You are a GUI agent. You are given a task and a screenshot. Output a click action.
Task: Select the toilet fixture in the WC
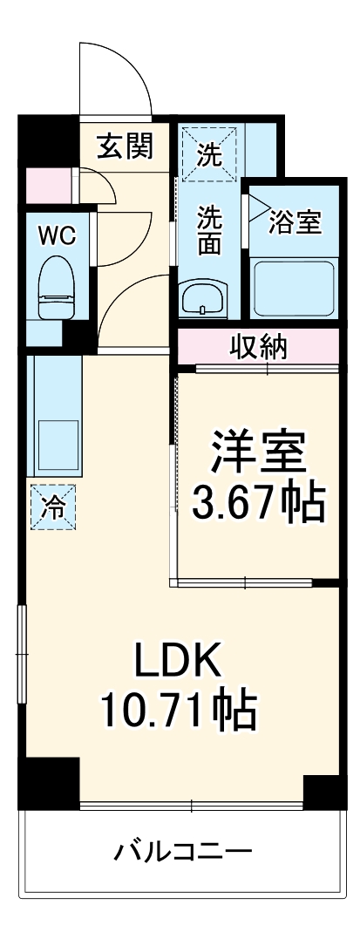[x=55, y=291]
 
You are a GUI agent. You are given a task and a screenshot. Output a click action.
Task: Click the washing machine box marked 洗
[x=209, y=153]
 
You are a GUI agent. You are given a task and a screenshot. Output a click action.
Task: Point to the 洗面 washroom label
[x=209, y=229]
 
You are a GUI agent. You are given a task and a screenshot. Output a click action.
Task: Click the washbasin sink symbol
[x=203, y=299]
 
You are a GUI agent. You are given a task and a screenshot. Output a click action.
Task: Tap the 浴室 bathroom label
[x=295, y=222]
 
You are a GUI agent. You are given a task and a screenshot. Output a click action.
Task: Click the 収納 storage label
[x=258, y=348]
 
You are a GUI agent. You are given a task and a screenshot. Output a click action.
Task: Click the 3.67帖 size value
[x=258, y=501]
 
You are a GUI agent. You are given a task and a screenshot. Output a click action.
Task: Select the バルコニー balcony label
[x=183, y=851]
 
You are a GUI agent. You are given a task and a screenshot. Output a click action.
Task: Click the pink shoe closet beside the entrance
[x=40, y=185]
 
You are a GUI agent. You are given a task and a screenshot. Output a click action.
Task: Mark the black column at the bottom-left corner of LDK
[x=49, y=782]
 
